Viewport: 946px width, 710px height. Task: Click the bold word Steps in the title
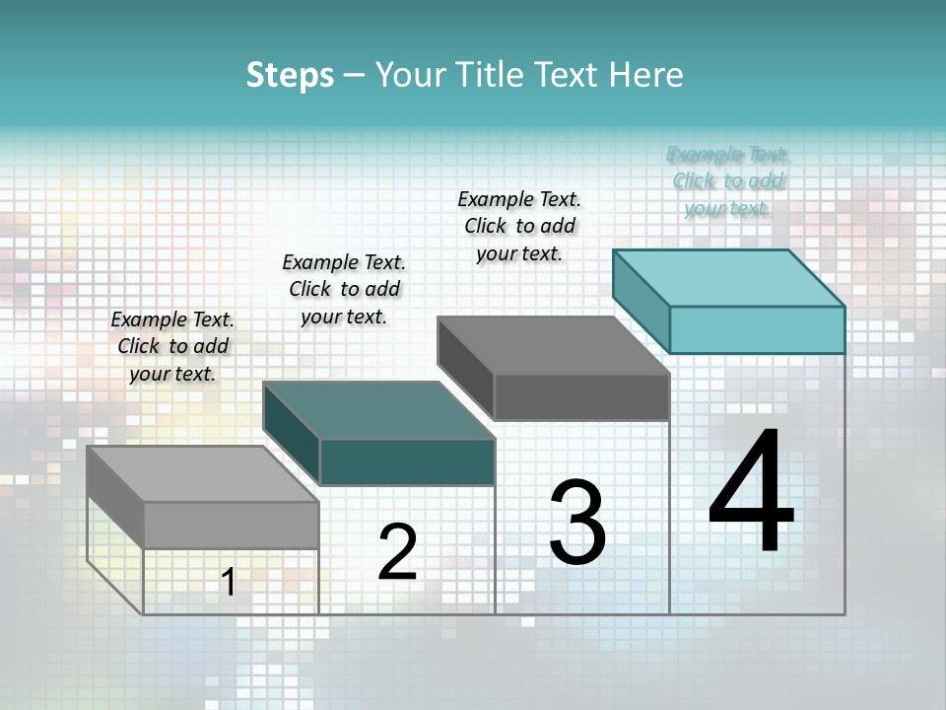[290, 75]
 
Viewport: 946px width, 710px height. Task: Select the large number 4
[751, 493]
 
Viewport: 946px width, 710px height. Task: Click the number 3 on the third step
[577, 523]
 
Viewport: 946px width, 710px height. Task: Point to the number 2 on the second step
[397, 552]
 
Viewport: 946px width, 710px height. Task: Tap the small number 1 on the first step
[229, 582]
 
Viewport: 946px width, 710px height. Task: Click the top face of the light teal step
[729, 277]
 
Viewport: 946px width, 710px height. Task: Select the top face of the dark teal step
[378, 410]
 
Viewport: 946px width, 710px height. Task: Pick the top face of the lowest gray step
[203, 474]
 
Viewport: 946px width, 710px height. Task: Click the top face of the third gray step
[554, 345]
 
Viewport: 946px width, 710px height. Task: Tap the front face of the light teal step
[757, 329]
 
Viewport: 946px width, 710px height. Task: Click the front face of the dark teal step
[407, 461]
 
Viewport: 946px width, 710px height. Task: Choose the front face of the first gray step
[232, 525]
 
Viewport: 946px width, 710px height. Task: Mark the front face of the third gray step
[581, 396]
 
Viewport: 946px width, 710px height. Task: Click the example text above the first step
[172, 346]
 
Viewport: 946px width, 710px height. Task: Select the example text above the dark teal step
[344, 289]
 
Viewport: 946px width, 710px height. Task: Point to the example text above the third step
[519, 226]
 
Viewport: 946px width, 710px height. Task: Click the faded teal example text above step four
[727, 181]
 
